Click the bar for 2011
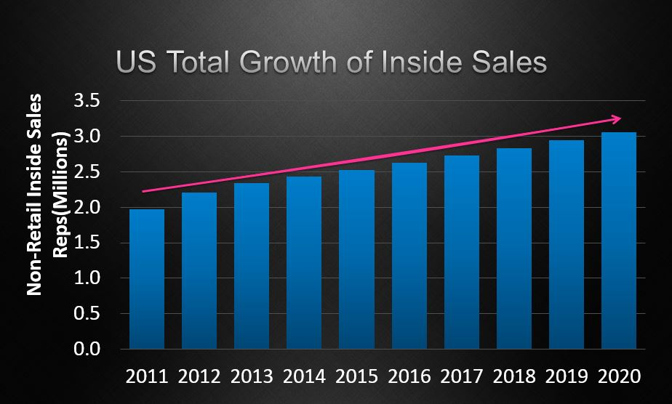tap(146, 279)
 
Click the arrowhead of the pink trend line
tap(616, 118)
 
